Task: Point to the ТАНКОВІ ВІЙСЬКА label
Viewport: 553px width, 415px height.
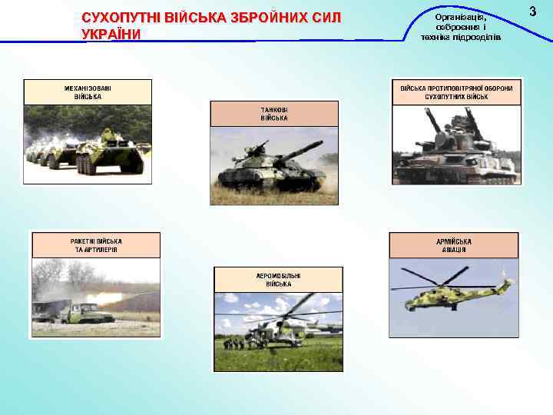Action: [x=274, y=114]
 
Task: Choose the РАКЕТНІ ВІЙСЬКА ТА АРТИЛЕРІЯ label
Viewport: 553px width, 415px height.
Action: [x=95, y=245]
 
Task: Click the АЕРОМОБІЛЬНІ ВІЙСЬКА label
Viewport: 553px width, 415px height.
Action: [x=278, y=279]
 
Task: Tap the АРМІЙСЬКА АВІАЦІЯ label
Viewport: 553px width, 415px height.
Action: [x=455, y=245]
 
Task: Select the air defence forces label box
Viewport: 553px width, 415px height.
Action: [x=456, y=92]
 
